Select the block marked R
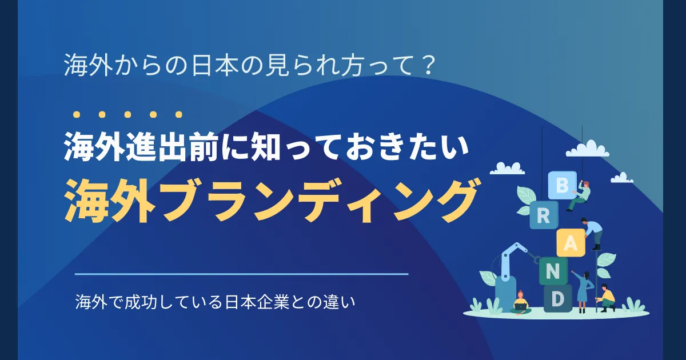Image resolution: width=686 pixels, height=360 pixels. coord(543,216)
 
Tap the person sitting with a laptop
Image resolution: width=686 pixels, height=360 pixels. coord(520,303)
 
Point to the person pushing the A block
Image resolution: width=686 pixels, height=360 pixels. coord(593,231)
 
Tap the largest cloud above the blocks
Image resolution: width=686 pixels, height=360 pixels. coord(587,150)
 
